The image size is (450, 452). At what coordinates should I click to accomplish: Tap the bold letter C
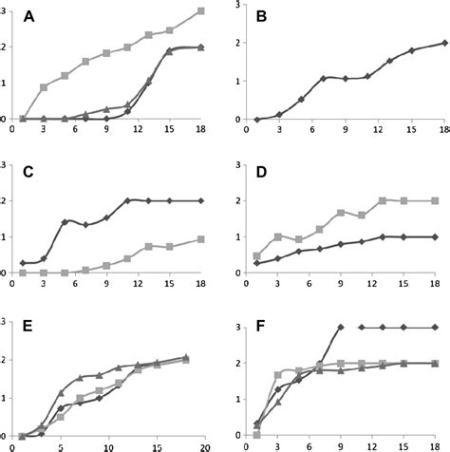click(x=28, y=172)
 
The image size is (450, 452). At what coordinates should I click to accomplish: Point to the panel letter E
click(x=28, y=330)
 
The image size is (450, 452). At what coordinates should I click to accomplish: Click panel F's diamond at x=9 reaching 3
click(x=341, y=327)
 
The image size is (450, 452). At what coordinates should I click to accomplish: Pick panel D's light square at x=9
click(x=341, y=214)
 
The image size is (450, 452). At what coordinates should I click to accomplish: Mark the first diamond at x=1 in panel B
click(x=257, y=120)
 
